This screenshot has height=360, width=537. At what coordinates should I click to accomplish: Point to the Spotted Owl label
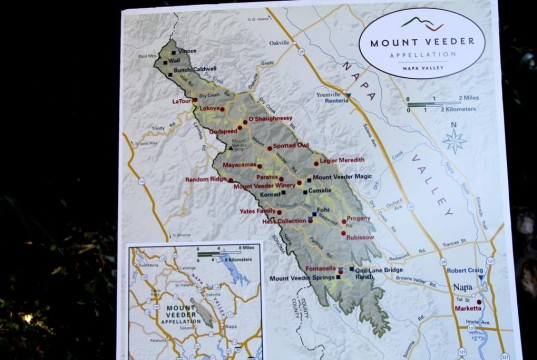[291, 145]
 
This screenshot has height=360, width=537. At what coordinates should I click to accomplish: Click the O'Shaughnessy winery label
[270, 118]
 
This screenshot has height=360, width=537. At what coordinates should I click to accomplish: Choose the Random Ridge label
[206, 178]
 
